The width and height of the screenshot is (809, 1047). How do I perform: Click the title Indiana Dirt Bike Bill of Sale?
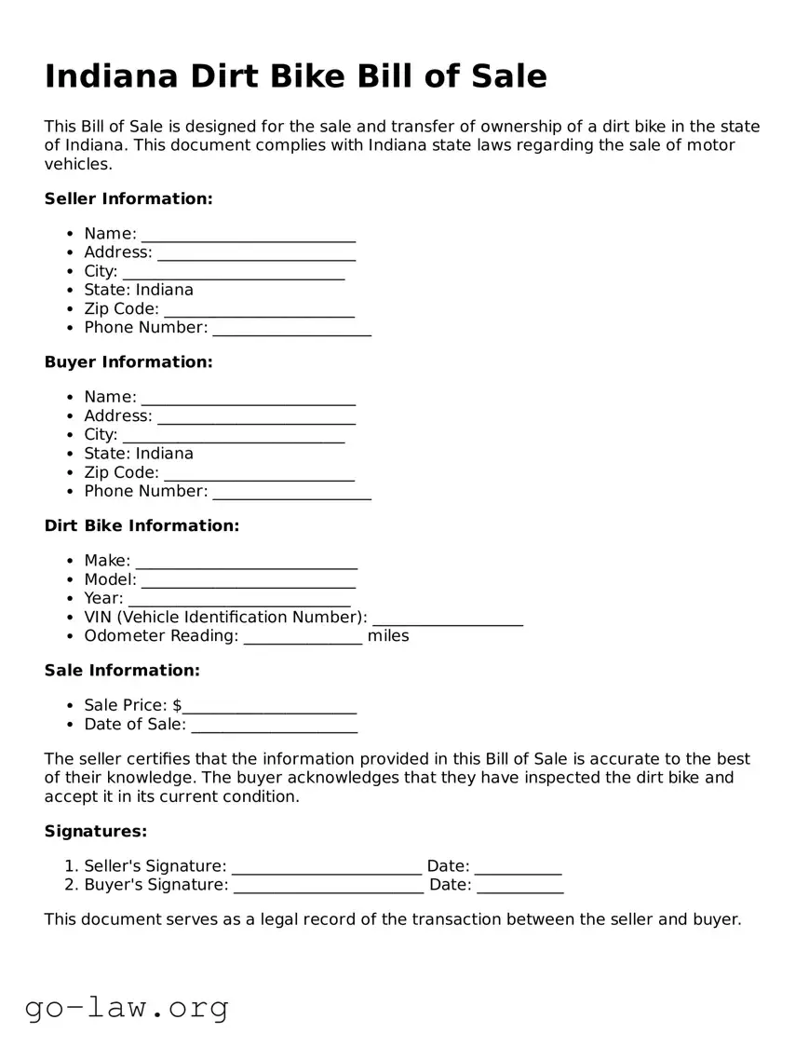[295, 76]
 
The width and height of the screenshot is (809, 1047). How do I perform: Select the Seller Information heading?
[128, 198]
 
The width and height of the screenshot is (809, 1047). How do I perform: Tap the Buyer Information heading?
[128, 361]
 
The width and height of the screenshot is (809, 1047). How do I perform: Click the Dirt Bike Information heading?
[142, 525]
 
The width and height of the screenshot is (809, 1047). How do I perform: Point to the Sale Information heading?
[122, 670]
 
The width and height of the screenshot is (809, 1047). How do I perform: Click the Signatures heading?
[96, 831]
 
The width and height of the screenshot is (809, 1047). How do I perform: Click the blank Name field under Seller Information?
[249, 235]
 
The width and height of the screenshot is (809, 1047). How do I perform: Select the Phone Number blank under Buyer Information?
[291, 492]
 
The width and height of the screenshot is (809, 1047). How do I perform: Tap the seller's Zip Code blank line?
[259, 310]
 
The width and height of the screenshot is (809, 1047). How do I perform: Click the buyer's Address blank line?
[256, 417]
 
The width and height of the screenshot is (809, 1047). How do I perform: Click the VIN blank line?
[447, 619]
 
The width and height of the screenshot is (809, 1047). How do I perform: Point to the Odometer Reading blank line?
[303, 637]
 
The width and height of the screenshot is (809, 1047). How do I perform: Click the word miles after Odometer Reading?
[388, 636]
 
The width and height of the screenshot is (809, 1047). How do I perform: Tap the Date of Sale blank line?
[274, 726]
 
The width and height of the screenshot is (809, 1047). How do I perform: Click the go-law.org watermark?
[127, 1007]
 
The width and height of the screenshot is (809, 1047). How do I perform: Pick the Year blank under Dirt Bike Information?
[239, 599]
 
